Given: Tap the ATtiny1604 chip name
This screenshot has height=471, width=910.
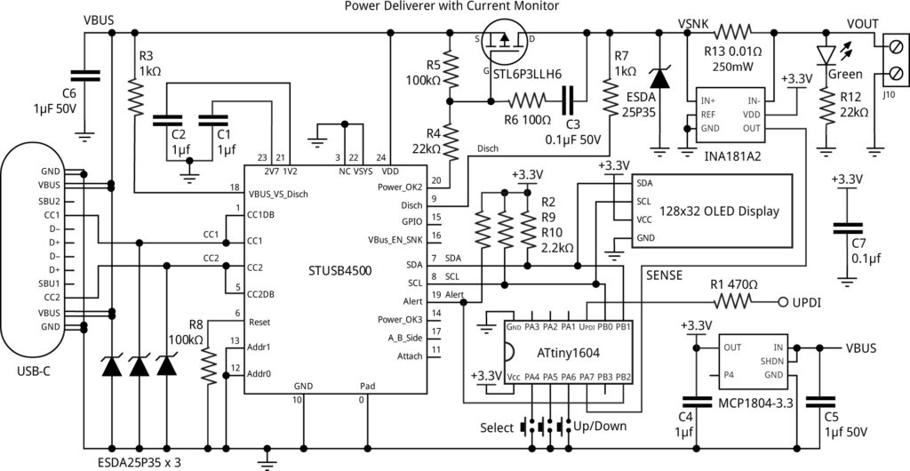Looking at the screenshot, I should click(568, 352).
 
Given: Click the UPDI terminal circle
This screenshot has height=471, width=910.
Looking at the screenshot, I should click(783, 302).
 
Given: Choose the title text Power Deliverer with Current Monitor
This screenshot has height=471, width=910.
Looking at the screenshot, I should click(451, 7).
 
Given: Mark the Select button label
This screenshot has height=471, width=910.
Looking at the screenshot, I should click(496, 427).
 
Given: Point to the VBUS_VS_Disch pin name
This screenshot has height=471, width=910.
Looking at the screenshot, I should click(284, 193).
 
